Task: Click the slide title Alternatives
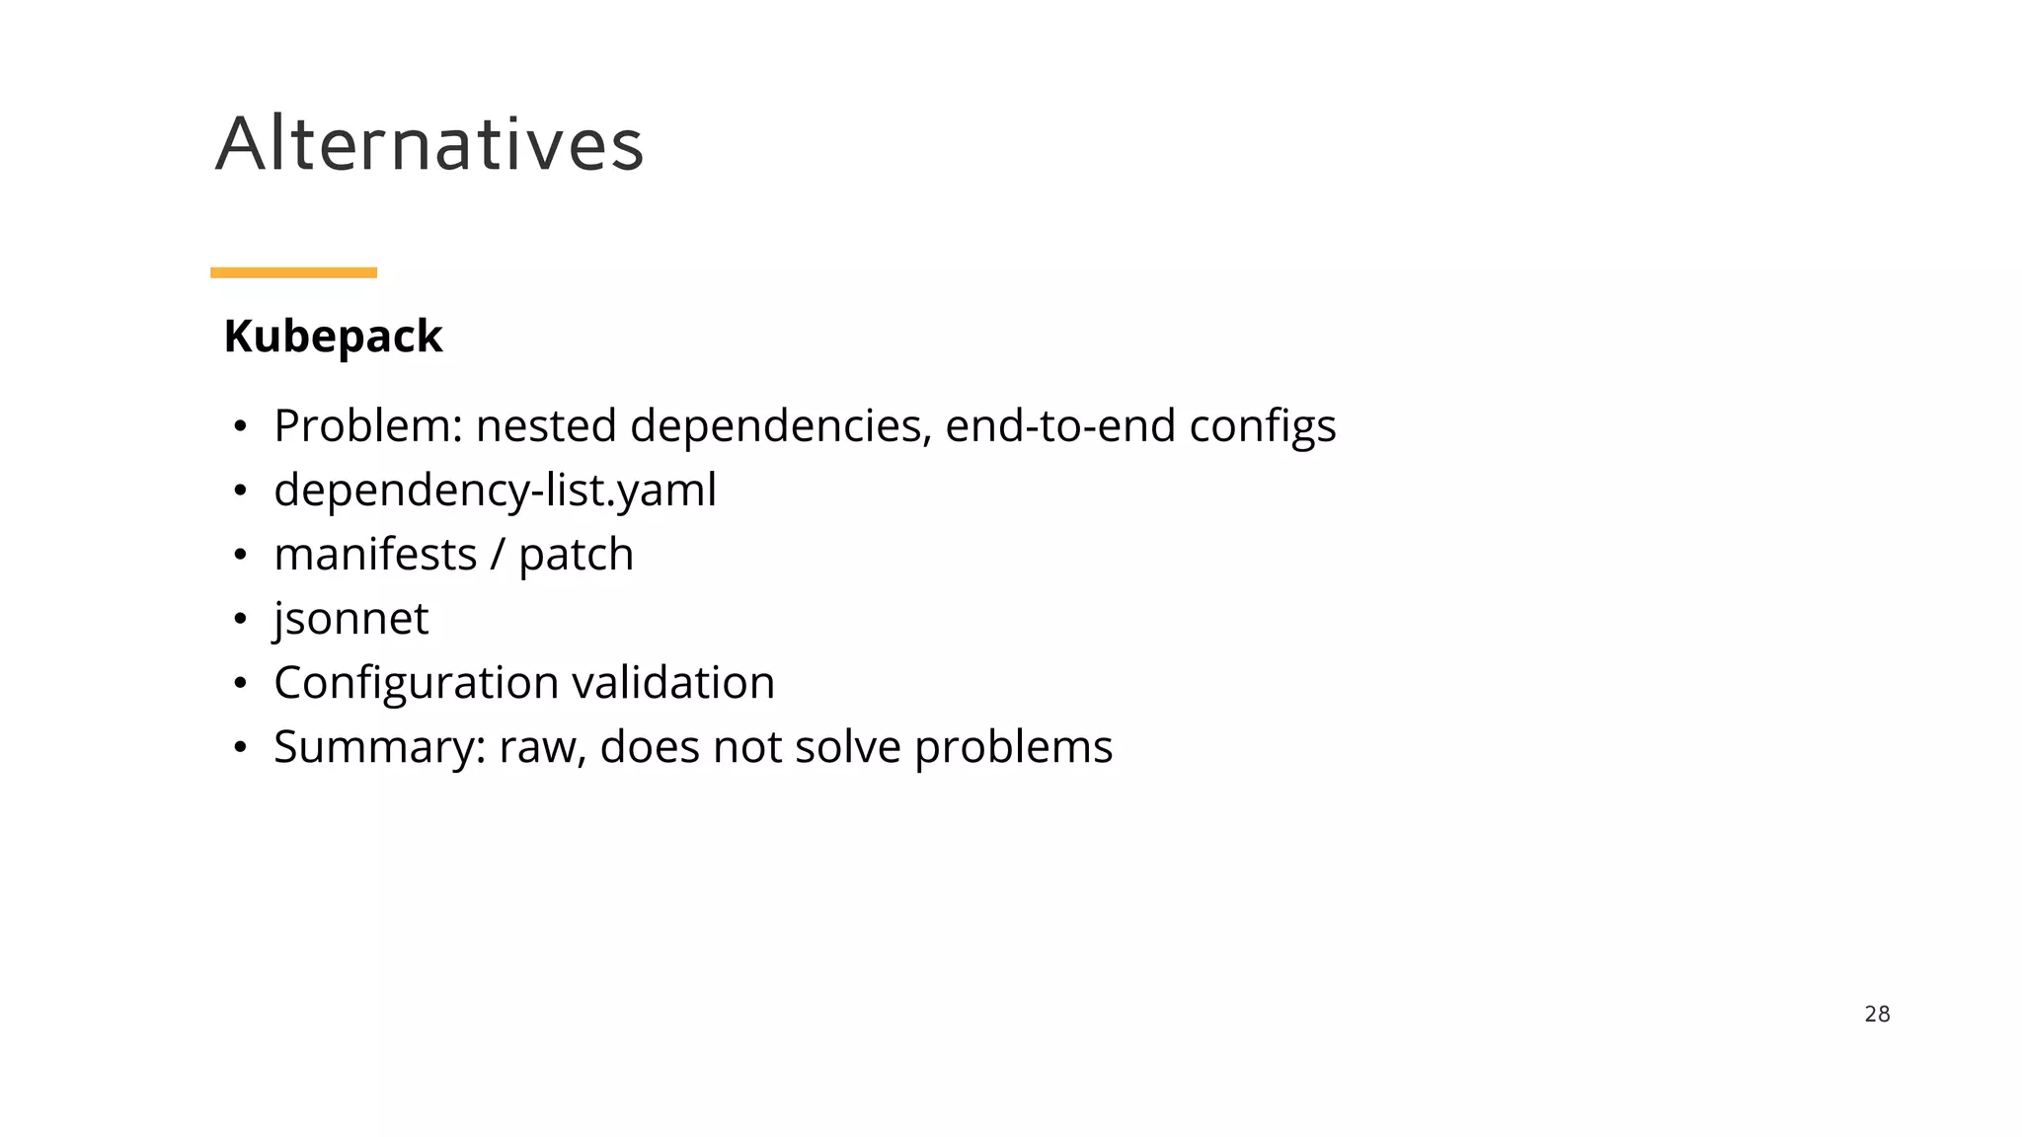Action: point(429,144)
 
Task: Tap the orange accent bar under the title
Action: point(293,272)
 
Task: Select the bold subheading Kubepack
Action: point(333,337)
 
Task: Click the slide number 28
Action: point(1877,1014)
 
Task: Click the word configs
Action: point(1262,426)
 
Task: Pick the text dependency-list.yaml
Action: point(495,491)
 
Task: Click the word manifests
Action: point(375,555)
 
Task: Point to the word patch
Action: point(576,555)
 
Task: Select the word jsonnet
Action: point(350,619)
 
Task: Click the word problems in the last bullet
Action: point(1013,747)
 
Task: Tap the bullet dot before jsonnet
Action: point(239,620)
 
